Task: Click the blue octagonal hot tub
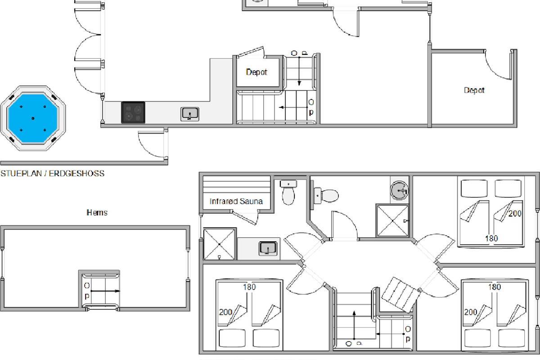tap(33, 118)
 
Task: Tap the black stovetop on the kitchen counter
tap(133, 112)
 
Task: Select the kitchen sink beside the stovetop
tap(190, 114)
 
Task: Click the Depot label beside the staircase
tap(256, 72)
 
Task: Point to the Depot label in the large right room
tap(474, 90)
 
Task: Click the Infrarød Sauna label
tap(236, 201)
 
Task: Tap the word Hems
tap(97, 212)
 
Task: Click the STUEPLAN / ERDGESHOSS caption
tap(53, 174)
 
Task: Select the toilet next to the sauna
tap(288, 193)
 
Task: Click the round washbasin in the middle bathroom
tap(399, 190)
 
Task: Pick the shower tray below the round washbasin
tap(392, 220)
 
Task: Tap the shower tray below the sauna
tap(220, 244)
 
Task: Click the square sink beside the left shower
tap(268, 248)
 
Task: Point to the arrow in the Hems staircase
tap(105, 291)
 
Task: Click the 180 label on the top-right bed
tap(491, 238)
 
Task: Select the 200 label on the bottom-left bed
tap(225, 312)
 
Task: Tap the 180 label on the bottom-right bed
tap(495, 287)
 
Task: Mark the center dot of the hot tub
tap(33, 118)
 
